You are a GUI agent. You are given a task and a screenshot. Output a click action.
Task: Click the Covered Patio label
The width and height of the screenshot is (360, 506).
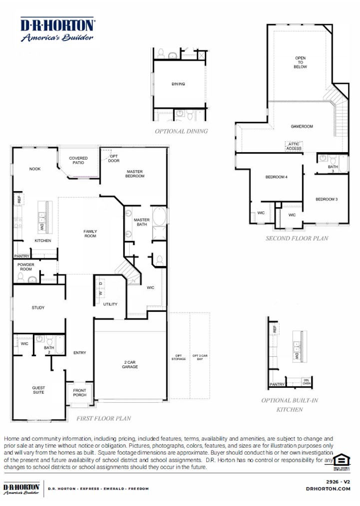click(x=78, y=161)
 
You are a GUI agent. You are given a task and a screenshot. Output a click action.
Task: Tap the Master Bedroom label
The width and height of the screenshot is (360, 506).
click(x=135, y=174)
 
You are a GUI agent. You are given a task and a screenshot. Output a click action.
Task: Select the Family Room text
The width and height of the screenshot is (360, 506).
click(x=90, y=234)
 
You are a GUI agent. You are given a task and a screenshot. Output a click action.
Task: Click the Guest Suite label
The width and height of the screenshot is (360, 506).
click(x=38, y=390)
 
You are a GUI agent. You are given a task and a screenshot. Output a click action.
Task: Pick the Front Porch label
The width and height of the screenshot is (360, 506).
click(x=79, y=393)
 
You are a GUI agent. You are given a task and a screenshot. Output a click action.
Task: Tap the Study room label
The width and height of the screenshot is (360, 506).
click(x=38, y=308)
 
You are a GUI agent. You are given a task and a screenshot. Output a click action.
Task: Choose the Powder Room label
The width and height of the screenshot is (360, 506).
click(x=25, y=267)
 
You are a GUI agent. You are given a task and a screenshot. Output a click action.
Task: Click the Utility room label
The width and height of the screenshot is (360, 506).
click(x=110, y=304)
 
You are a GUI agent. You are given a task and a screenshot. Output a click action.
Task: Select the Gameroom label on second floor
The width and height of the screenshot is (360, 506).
click(x=302, y=127)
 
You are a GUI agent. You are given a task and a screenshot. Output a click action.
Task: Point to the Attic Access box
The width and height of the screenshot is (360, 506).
click(x=294, y=146)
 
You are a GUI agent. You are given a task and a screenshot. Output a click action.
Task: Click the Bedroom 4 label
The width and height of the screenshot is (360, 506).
click(x=276, y=177)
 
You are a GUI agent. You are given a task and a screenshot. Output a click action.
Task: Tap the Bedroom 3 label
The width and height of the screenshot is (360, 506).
click(x=327, y=199)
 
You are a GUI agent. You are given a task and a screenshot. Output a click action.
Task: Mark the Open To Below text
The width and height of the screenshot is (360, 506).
click(x=300, y=62)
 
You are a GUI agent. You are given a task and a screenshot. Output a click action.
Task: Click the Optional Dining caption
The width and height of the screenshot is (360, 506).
click(x=181, y=131)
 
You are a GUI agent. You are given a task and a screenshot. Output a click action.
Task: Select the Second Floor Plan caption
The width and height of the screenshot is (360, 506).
click(x=297, y=239)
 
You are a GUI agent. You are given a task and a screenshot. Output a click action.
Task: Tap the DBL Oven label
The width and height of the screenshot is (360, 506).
click(x=306, y=382)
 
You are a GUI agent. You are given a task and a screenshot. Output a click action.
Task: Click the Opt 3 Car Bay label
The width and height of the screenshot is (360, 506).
click(x=200, y=357)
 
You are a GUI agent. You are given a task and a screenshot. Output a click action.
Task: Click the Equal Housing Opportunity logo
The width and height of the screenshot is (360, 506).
click(x=342, y=462)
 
